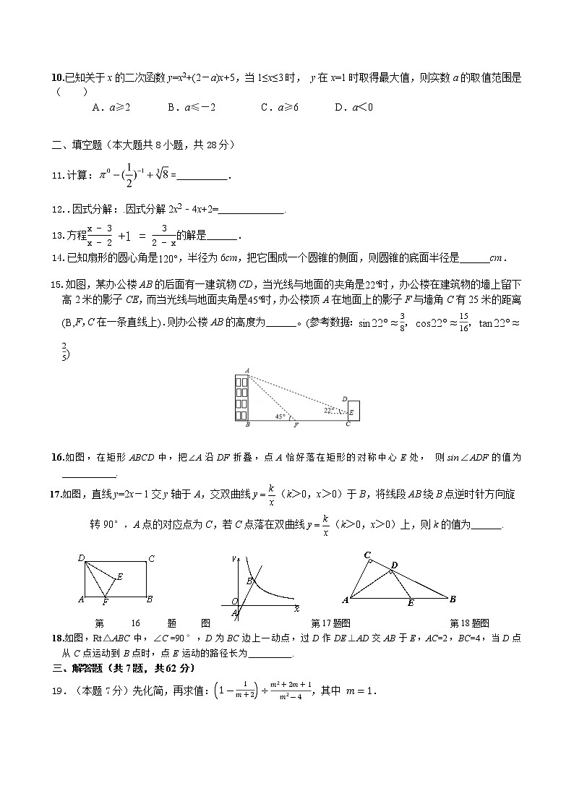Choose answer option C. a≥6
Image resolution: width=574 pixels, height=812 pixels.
point(279,107)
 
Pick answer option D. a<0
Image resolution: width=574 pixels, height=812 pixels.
point(354,107)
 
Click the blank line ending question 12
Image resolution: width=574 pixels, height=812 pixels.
point(252,210)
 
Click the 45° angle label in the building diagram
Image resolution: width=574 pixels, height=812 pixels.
point(280,416)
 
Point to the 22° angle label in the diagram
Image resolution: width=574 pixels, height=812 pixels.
point(329,409)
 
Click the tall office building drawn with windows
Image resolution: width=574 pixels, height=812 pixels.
point(241,397)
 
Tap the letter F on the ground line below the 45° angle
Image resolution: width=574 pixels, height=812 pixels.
point(296,425)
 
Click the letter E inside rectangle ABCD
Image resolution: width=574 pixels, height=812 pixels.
point(119,576)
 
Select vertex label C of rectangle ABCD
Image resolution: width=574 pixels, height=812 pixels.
point(150,557)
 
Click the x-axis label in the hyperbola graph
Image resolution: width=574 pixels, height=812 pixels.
point(296,609)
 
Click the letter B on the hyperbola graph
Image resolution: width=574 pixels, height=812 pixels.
point(249,581)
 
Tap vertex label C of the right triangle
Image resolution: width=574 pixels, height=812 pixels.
point(367,555)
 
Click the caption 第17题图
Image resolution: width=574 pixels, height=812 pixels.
point(330,623)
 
